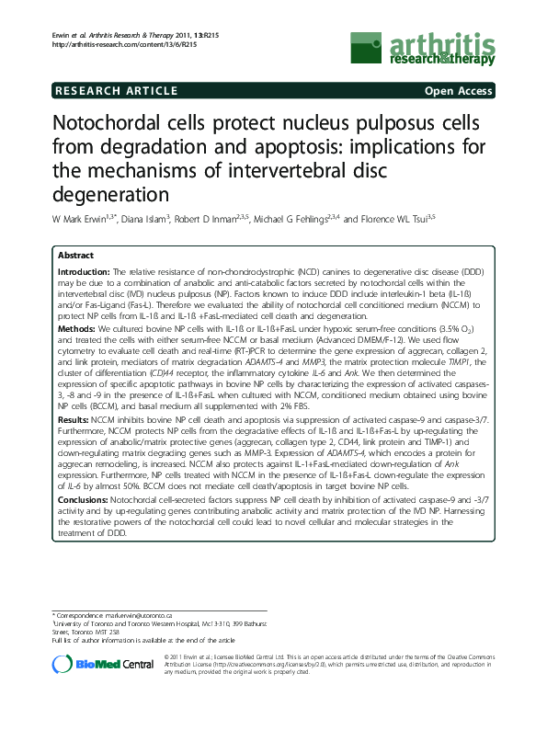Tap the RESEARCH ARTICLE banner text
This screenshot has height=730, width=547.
coord(116,90)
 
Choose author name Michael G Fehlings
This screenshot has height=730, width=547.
coord(313,219)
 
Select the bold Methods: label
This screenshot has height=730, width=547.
coord(77,326)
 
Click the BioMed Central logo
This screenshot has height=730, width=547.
coord(101,662)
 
